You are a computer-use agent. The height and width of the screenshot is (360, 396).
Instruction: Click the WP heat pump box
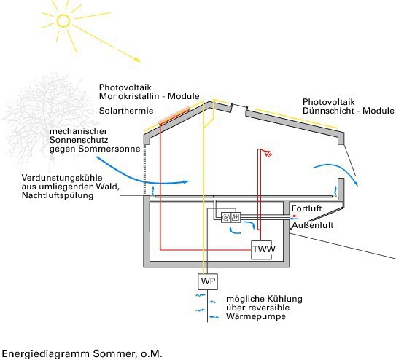coord(208,281)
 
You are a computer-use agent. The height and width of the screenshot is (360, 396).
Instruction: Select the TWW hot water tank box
coord(262,250)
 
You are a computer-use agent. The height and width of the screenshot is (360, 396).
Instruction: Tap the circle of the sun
coord(63,20)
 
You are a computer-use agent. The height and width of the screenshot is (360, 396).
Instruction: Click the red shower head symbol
coord(268,153)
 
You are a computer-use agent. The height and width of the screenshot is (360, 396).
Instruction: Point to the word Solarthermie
coord(126,111)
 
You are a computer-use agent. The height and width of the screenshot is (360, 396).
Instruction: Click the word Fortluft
coord(306,208)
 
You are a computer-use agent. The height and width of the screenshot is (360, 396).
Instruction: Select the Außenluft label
coord(313,225)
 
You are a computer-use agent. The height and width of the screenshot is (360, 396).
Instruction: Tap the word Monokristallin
coord(129,96)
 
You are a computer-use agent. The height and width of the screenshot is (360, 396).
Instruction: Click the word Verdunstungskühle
coord(62,178)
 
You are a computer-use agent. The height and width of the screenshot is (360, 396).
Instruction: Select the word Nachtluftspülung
coord(58,195)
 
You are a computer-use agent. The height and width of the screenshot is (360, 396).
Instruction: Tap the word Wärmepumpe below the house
coord(256,316)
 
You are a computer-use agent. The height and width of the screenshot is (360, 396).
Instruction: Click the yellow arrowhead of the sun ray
coord(137,60)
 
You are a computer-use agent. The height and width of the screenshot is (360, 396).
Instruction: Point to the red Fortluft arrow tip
coord(296,216)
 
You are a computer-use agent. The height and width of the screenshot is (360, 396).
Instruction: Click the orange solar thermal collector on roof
coord(174,116)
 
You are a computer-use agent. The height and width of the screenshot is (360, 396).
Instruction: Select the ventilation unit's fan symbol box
coord(226,217)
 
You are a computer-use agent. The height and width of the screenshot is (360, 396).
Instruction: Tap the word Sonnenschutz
coord(79,140)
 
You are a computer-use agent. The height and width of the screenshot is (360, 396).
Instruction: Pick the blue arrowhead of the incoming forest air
coord(187,181)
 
